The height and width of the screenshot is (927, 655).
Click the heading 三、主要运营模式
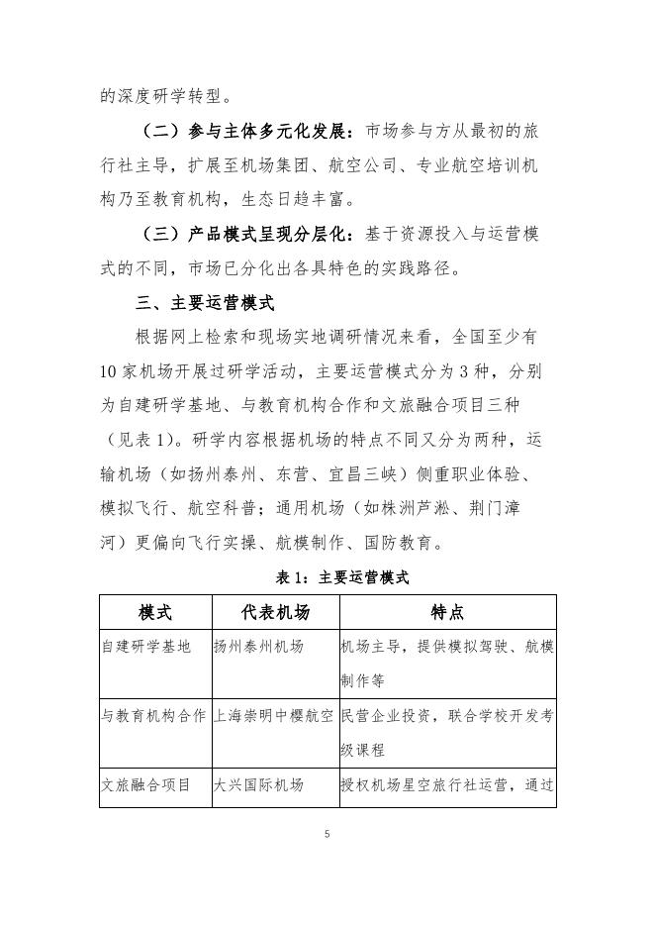[205, 303]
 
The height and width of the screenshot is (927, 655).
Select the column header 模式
[155, 613]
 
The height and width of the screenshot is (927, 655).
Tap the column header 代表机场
[274, 613]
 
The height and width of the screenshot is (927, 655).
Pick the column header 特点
[447, 613]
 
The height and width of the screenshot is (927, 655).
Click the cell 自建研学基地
[146, 648]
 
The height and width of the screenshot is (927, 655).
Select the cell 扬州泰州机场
[258, 648]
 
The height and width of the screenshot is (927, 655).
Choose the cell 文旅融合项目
[146, 785]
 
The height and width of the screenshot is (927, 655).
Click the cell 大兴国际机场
[258, 785]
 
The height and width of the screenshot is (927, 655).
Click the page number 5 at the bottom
[327, 835]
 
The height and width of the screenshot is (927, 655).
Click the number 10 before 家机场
[110, 373]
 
